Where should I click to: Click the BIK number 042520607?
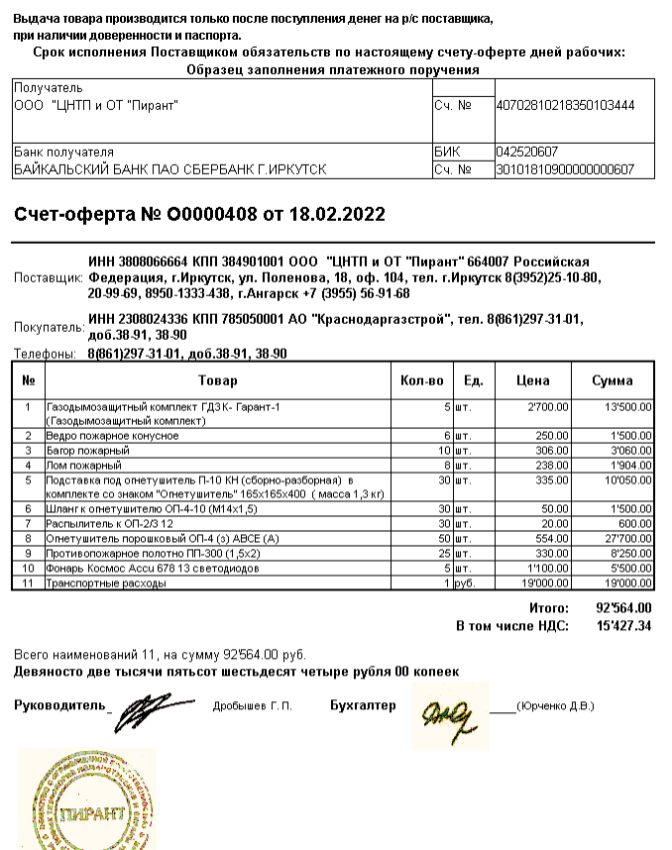click(526, 152)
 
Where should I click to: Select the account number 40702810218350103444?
click(565, 105)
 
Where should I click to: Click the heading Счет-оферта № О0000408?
click(198, 215)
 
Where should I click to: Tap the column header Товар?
click(217, 380)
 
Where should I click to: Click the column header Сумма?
click(613, 380)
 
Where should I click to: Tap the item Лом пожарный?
click(84, 465)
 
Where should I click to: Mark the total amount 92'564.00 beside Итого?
click(623, 607)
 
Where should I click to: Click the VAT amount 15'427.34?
click(623, 626)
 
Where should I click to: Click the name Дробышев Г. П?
click(252, 706)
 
